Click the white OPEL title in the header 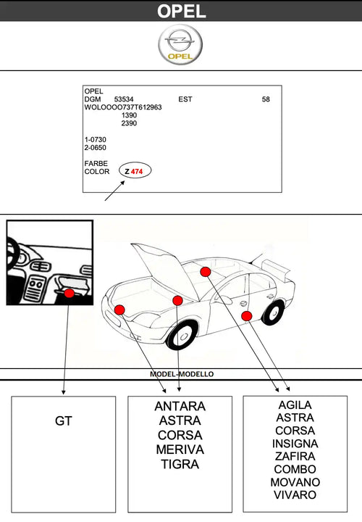pyautogui.click(x=181, y=11)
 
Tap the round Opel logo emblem pyautogui.click(x=181, y=45)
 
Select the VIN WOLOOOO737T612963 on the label pyautogui.click(x=123, y=107)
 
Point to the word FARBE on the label pyautogui.click(x=96, y=164)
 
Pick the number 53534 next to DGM pyautogui.click(x=124, y=99)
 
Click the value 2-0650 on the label pyautogui.click(x=96, y=147)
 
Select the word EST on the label pyautogui.click(x=185, y=99)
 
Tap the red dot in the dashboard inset pyautogui.click(x=69, y=294)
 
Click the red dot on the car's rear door pyautogui.click(x=246, y=315)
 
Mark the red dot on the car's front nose pyautogui.click(x=119, y=310)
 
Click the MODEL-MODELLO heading pyautogui.click(x=181, y=374)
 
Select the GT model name pyautogui.click(x=64, y=420)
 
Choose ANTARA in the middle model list pyautogui.click(x=180, y=407)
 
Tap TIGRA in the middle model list pyautogui.click(x=180, y=464)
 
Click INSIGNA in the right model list pyautogui.click(x=295, y=444)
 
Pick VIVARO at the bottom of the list pyautogui.click(x=295, y=495)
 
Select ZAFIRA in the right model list pyautogui.click(x=295, y=457)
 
